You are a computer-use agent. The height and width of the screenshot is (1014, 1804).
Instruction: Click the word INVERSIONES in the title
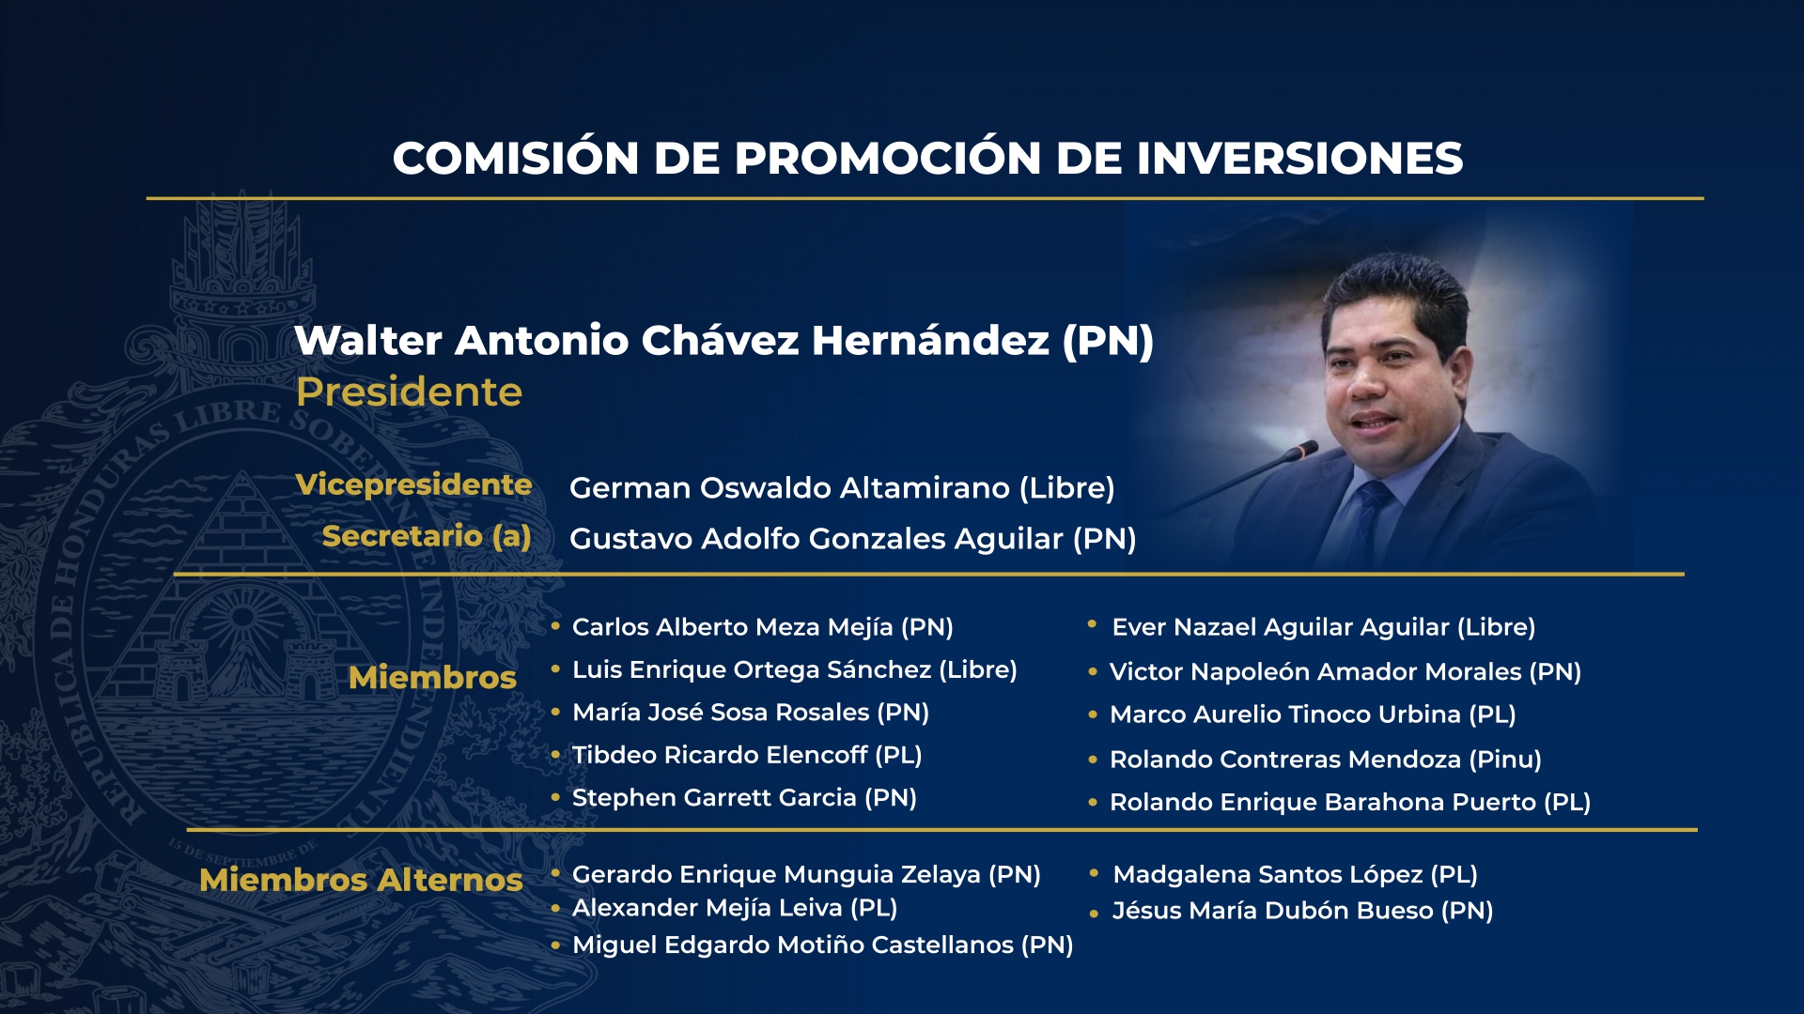[1299, 158]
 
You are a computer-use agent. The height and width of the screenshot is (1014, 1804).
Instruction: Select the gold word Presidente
[409, 392]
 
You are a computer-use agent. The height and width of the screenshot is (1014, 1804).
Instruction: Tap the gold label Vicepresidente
[413, 484]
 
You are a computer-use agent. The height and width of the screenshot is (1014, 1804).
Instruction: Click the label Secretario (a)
[427, 536]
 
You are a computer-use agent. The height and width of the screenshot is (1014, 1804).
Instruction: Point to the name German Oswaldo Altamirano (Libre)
[842, 488]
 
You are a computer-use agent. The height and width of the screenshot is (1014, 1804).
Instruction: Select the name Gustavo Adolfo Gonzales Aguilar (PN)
[852, 539]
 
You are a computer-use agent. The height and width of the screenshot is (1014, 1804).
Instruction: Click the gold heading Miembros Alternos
[361, 880]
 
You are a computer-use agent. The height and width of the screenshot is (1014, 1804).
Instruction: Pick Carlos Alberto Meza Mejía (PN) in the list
[762, 627]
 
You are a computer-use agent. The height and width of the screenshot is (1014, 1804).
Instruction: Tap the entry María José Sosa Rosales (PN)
[750, 713]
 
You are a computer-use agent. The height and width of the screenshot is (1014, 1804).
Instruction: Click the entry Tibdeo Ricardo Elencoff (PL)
[746, 755]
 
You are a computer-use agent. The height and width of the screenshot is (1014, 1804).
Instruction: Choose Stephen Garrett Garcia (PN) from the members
[743, 798]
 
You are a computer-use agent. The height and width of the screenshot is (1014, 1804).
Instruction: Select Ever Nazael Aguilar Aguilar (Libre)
[1323, 627]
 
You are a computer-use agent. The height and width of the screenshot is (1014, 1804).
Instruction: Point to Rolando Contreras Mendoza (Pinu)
[1325, 760]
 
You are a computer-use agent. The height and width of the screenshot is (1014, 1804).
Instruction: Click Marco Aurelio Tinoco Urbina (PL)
[1312, 714]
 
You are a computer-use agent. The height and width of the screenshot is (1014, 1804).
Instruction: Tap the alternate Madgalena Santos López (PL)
[1295, 875]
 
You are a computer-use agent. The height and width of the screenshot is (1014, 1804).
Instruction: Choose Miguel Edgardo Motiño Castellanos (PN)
[822, 945]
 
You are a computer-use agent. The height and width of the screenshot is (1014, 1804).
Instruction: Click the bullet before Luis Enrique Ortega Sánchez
[555, 669]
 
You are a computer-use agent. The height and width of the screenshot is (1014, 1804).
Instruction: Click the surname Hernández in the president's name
[930, 341]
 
